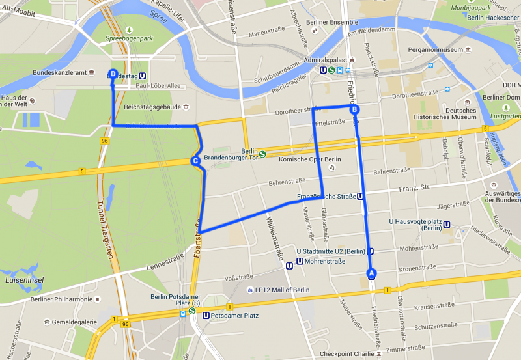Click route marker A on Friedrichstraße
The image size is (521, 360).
371,273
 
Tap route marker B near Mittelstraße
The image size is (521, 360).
354,110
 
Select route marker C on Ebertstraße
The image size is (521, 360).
195,161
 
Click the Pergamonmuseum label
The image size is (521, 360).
434,49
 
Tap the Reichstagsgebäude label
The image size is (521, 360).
152,107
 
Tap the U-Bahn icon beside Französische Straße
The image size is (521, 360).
360,196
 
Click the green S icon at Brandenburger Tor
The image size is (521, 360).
262,154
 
